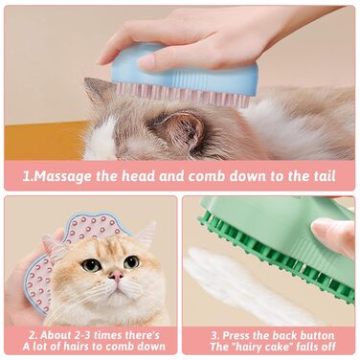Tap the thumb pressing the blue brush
point(166,59)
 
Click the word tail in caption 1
point(325,176)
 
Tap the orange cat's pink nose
point(116,275)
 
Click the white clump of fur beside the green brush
point(242,284)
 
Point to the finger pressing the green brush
point(333,235)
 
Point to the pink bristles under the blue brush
point(182,94)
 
